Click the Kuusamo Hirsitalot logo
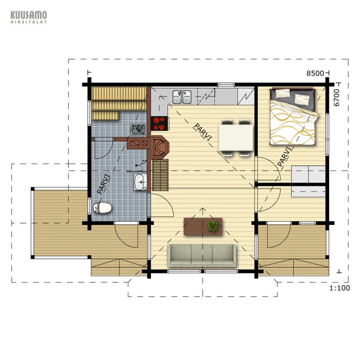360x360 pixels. (x=29, y=17)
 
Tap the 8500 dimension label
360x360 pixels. (x=315, y=73)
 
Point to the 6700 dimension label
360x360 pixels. (x=336, y=98)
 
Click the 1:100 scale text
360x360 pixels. (x=340, y=288)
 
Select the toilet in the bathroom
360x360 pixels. (x=102, y=208)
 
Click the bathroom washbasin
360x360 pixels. (x=140, y=182)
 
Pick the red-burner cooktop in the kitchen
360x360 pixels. (x=160, y=123)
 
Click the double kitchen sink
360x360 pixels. (x=182, y=97)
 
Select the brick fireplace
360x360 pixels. (x=160, y=147)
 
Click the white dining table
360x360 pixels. (x=236, y=138)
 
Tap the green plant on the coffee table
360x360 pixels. (x=213, y=226)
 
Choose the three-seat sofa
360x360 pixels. (x=202, y=255)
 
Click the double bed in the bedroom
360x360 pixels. (x=294, y=117)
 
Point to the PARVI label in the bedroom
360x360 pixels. (x=285, y=156)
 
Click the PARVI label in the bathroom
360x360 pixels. (x=103, y=184)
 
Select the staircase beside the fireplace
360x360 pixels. (x=161, y=175)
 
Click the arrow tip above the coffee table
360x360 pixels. (x=202, y=208)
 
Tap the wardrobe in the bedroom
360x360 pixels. (x=309, y=181)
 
